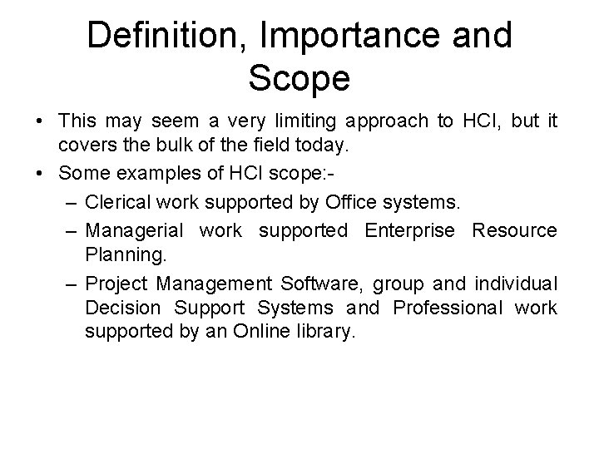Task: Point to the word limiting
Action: [x=278, y=121]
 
